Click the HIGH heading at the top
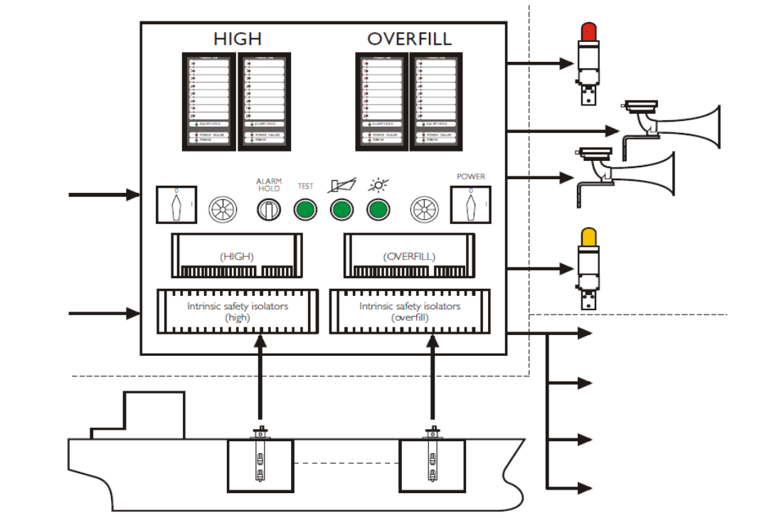pos(238,38)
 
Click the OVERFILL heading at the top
pos(409,38)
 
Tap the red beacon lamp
pos(588,32)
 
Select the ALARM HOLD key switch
pos(268,210)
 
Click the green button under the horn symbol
pos(341,210)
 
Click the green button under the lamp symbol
pos(378,210)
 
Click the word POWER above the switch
pos(470,176)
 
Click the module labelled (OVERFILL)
pos(409,255)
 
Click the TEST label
pos(305,186)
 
